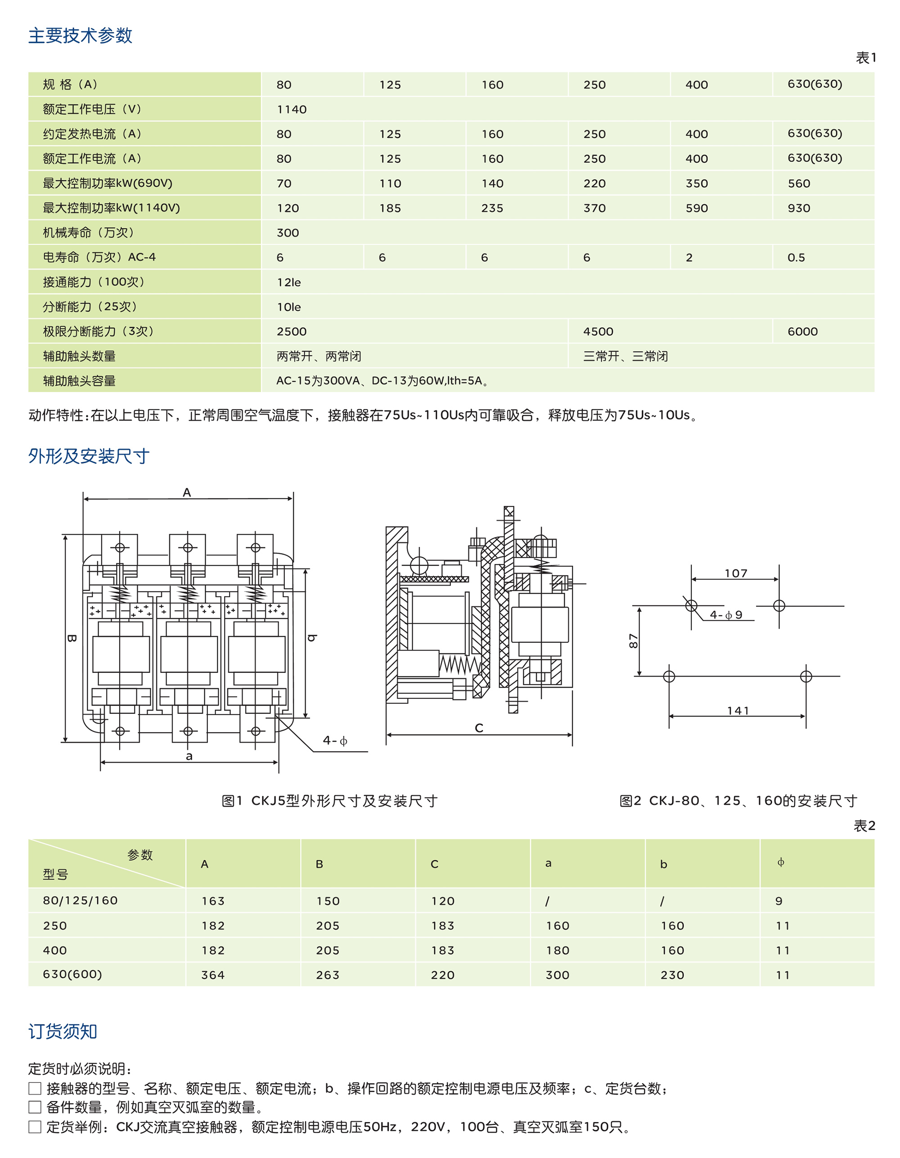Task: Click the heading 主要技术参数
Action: coord(80,36)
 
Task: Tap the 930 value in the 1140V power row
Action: coord(799,208)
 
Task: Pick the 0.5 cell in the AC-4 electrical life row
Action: coord(796,257)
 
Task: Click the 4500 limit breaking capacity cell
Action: coord(598,331)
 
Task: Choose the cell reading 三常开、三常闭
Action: coord(625,356)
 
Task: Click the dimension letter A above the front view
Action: coord(187,492)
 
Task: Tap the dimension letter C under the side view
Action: coord(479,728)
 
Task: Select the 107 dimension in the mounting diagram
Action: coord(735,573)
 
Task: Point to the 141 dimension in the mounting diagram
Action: coord(738,711)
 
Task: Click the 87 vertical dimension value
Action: coord(633,640)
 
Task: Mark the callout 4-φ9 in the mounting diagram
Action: coord(726,614)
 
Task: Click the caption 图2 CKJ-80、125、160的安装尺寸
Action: coord(738,800)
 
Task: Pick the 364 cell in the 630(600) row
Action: coord(213,975)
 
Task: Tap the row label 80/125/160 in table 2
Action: coord(80,900)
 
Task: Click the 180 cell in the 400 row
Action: coord(557,950)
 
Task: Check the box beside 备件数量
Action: coord(35,1107)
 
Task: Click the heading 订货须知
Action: coord(63,1031)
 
